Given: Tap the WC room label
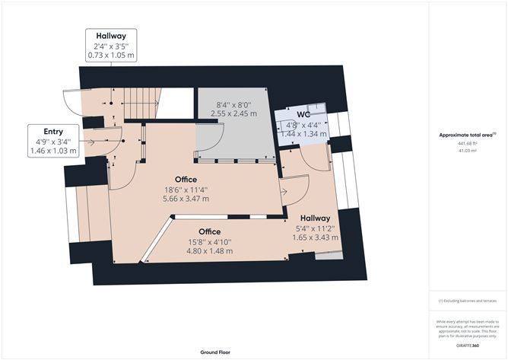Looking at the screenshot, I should pyautogui.click(x=304, y=115).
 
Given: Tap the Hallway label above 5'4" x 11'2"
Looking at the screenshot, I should pyautogui.click(x=314, y=218).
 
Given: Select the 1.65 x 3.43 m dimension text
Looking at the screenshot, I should pyautogui.click(x=315, y=237).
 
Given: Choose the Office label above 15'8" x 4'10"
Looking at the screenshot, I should pyautogui.click(x=210, y=231).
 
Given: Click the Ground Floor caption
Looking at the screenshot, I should pyautogui.click(x=216, y=353).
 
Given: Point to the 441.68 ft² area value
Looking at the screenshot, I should pyautogui.click(x=467, y=143).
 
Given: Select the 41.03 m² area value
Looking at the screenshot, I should pyautogui.click(x=467, y=151).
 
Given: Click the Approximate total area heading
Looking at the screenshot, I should pyautogui.click(x=467, y=135).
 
